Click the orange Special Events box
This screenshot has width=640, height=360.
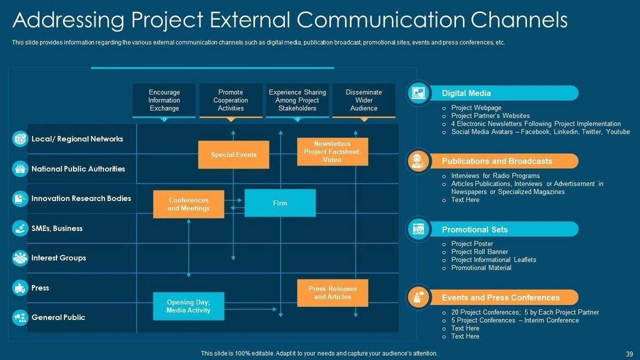click(x=234, y=155)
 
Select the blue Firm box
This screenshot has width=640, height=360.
click(x=280, y=203)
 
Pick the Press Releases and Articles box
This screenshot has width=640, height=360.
click(x=332, y=293)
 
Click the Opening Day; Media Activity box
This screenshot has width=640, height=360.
click(x=188, y=306)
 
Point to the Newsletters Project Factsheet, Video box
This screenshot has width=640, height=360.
click(x=332, y=151)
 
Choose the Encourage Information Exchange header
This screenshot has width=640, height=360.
click(x=164, y=100)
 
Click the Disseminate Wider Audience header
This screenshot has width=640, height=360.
click(x=364, y=100)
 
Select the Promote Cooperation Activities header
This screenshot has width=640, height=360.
click(x=231, y=100)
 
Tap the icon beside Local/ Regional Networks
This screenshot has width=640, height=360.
click(x=20, y=139)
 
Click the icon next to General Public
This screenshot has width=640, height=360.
click(x=20, y=317)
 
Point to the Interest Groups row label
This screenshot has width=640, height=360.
click(x=59, y=258)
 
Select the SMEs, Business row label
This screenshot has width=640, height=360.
click(x=57, y=228)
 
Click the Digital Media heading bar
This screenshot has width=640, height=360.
click(x=501, y=93)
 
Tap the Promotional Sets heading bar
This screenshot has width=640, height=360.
click(x=501, y=230)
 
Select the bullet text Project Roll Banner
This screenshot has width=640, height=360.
click(x=479, y=252)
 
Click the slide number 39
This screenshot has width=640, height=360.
click(x=629, y=354)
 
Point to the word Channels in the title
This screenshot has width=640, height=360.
click(x=516, y=20)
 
